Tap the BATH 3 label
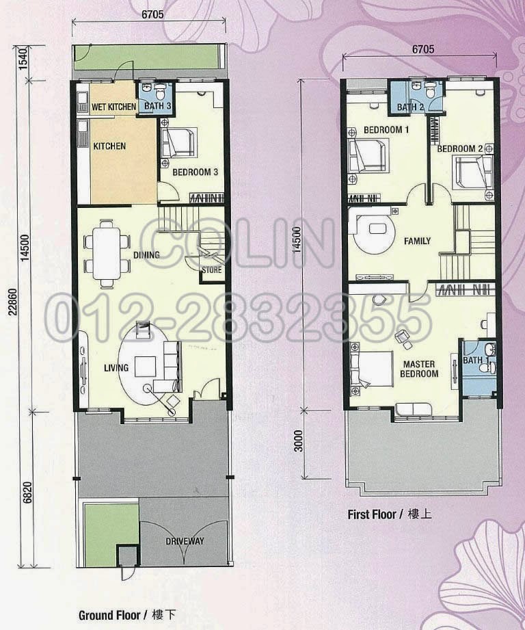click(157, 107)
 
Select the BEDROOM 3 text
click(195, 172)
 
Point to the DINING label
click(146, 255)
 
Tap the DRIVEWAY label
click(185, 542)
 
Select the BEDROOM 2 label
click(460, 148)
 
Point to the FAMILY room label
click(417, 241)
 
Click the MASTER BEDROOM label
click(420, 369)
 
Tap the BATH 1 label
click(476, 360)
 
